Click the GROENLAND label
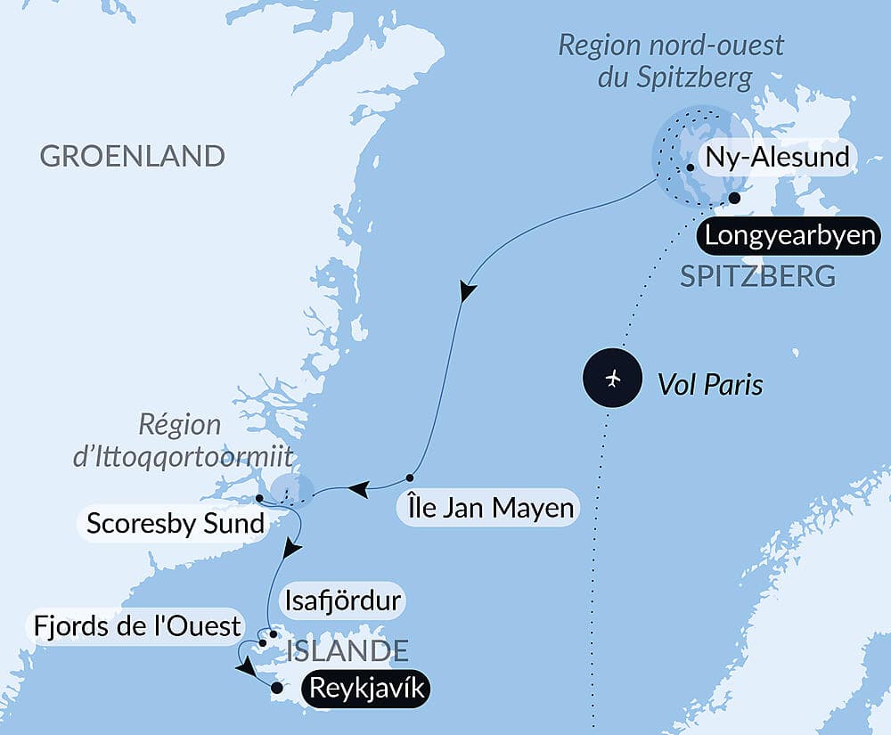click(132, 156)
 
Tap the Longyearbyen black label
click(785, 237)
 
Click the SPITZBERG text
click(757, 276)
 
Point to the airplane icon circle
click(611, 380)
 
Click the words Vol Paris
click(710, 384)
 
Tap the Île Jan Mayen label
click(486, 510)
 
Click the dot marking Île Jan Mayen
click(411, 478)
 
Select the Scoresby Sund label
click(176, 523)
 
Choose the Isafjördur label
click(343, 600)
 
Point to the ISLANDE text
click(347, 650)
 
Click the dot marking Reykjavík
click(276, 688)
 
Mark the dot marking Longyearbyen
click(734, 198)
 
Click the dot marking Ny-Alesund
click(691, 167)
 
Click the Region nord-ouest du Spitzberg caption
click(671, 61)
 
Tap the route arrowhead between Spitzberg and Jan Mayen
click(465, 292)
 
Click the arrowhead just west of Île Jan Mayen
click(358, 488)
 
